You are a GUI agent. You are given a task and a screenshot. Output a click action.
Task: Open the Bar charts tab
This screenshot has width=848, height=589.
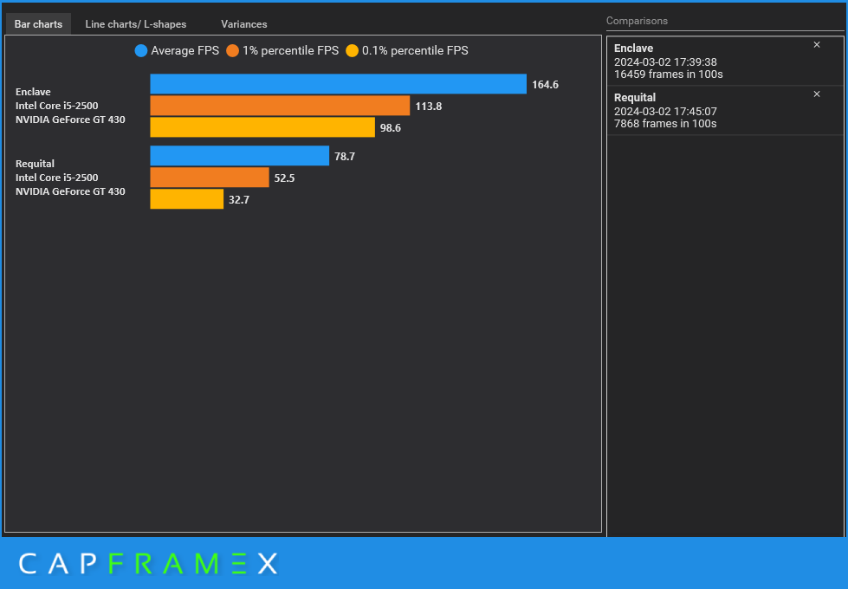click(38, 24)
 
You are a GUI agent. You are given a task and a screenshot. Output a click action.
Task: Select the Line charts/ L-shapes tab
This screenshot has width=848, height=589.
click(135, 24)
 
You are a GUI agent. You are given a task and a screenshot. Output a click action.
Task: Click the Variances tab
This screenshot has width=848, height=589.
click(243, 24)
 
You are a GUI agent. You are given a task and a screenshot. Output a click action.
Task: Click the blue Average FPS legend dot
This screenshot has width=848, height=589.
click(141, 51)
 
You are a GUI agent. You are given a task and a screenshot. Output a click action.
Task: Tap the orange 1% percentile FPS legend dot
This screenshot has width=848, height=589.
click(232, 51)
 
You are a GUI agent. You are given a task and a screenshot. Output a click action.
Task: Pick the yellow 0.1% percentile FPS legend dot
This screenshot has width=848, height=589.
click(352, 51)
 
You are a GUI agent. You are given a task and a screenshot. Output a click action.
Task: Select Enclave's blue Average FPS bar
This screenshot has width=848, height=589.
click(338, 84)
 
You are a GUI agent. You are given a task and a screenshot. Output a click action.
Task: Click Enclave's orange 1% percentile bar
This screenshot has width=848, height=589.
click(280, 106)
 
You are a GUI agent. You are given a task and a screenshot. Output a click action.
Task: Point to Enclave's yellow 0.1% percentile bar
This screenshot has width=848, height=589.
click(250, 127)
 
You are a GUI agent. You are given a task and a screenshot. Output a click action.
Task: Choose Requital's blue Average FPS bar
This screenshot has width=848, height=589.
click(239, 156)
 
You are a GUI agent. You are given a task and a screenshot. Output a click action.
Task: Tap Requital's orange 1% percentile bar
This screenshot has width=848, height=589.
click(210, 178)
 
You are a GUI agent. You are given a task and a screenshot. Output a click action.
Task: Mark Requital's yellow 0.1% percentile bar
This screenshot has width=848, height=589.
click(186, 199)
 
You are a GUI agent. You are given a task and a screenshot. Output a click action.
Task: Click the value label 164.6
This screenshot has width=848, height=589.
click(545, 85)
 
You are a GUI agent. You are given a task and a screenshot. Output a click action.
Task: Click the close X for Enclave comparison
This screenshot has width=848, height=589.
click(817, 45)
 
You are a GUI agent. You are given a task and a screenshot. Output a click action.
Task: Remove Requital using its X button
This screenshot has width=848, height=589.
click(817, 94)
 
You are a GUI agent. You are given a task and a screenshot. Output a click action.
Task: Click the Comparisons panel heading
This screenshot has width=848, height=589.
click(637, 21)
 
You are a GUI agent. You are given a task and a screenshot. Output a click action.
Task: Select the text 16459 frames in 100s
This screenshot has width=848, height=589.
click(668, 74)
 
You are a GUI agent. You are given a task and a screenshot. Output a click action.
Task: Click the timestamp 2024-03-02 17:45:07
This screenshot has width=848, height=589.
click(665, 111)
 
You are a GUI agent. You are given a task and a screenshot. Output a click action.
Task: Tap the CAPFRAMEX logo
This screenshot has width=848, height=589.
click(148, 564)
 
